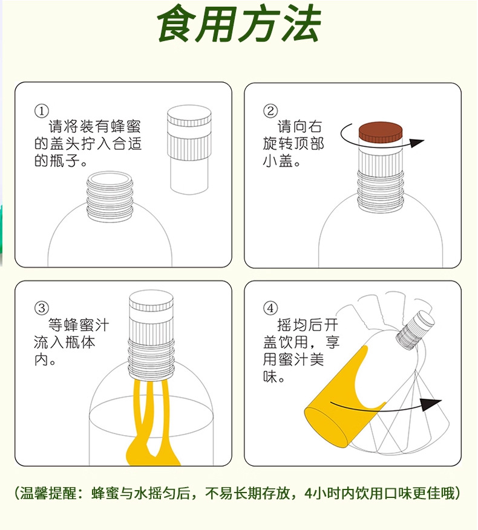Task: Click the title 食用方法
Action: point(238,25)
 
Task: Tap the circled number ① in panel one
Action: point(41,111)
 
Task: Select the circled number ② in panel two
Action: point(270,111)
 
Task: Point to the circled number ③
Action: point(41,308)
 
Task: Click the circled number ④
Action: point(270,308)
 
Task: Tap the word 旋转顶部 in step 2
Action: point(293,144)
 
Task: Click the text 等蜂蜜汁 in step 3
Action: point(79,326)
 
